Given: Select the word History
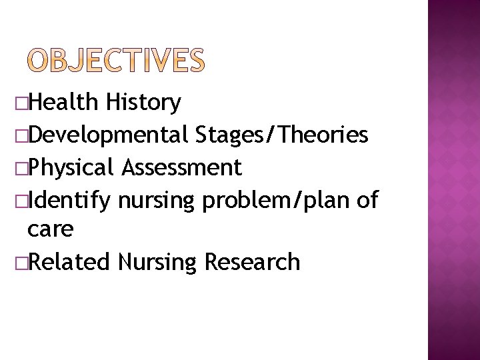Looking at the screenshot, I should pyautogui.click(x=143, y=103).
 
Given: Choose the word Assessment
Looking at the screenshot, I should pyautogui.click(x=181, y=167).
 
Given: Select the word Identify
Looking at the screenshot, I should pyautogui.click(x=70, y=199).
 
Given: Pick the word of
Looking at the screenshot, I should pyautogui.click(x=367, y=199).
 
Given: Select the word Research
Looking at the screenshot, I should pyautogui.click(x=252, y=262).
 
